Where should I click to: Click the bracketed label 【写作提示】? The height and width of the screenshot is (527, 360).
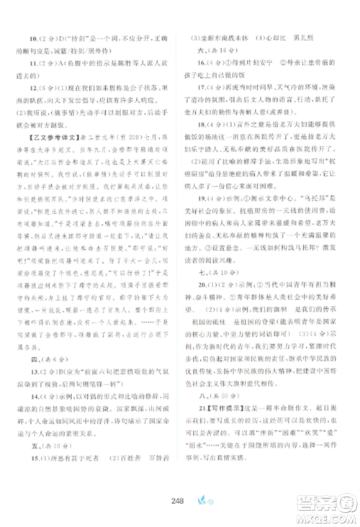click(218, 419)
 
